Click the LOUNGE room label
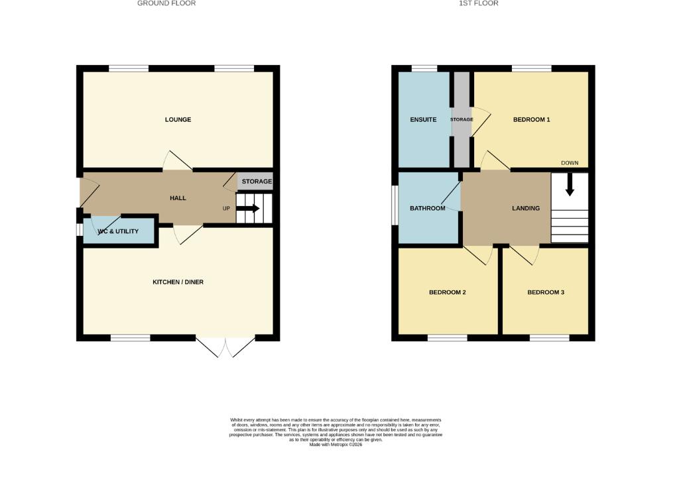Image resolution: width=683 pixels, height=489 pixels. [178, 120]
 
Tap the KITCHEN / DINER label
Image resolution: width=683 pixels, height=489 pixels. [178, 282]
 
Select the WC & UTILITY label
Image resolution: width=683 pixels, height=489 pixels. [118, 231]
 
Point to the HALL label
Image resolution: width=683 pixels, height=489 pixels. [178, 198]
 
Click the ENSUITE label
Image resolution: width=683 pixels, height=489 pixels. [423, 120]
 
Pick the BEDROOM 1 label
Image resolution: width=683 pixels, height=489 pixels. [532, 120]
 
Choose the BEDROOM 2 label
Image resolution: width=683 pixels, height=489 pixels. [447, 292]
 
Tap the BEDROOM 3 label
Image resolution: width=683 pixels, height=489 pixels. [546, 292]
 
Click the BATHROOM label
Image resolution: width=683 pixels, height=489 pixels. [427, 209]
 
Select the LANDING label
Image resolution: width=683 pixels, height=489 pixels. [526, 209]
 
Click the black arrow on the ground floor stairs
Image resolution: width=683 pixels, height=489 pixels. [248, 208]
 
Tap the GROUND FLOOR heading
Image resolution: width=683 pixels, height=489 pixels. [166, 3]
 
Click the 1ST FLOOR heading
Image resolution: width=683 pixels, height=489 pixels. [478, 3]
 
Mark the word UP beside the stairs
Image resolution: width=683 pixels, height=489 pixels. [226, 208]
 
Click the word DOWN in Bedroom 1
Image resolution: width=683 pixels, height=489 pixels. [570, 163]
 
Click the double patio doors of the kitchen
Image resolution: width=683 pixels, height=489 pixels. [225, 346]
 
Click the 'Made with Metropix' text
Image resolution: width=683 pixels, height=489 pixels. [336, 445]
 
